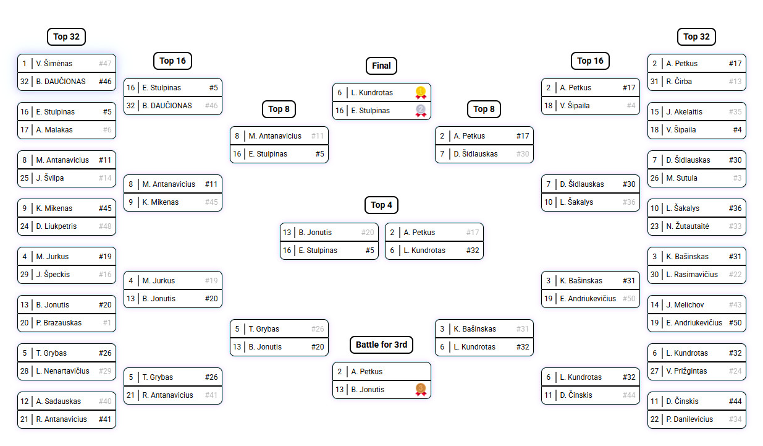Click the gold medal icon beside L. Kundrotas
point(421,92)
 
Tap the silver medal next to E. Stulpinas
point(421,111)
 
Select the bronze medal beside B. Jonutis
point(421,389)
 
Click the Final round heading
point(381,66)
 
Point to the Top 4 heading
point(381,205)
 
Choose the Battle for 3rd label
point(381,345)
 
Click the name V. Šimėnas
point(54,64)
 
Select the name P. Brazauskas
point(59,322)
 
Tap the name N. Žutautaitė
point(688,226)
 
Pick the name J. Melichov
point(685,304)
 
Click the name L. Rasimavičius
point(692,274)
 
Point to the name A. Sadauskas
point(59,401)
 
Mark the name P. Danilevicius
point(689,419)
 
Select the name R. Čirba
point(679,82)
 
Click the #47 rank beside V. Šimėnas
point(105,64)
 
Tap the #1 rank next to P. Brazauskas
point(107,322)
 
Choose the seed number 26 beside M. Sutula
point(654,178)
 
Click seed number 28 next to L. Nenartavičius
point(24,371)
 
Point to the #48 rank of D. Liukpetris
point(105,226)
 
